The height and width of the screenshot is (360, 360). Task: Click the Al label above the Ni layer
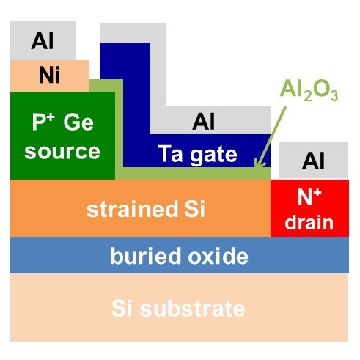tap(43, 41)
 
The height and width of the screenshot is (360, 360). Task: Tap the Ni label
tap(49, 75)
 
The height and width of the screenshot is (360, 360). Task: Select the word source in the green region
tap(62, 152)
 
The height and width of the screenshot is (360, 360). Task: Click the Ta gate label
tap(197, 155)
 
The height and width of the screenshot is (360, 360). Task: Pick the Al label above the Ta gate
tap(203, 121)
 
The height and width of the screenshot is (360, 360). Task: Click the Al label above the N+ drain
tap(313, 160)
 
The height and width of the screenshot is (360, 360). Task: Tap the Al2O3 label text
tap(309, 92)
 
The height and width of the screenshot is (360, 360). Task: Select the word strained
tap(132, 209)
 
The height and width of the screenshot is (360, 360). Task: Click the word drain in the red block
tap(309, 222)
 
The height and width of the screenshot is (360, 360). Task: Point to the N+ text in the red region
tap(309, 197)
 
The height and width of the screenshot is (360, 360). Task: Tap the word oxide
tap(218, 256)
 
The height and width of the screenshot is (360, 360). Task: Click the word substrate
tap(193, 309)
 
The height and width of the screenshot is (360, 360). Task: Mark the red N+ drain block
tap(309, 208)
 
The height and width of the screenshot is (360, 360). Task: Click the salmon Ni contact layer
tap(50, 76)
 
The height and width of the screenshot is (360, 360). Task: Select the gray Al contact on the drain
tap(314, 160)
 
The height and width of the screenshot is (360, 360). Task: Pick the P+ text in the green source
tap(43, 122)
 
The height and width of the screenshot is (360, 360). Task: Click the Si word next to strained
tap(194, 209)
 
